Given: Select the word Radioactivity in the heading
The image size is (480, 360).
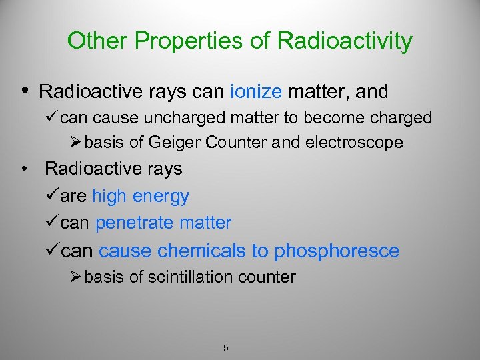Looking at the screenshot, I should (x=344, y=41).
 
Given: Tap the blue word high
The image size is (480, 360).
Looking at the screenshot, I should (x=110, y=196).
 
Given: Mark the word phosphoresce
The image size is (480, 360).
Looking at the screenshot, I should (x=337, y=251).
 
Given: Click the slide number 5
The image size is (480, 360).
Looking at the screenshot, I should (x=226, y=348).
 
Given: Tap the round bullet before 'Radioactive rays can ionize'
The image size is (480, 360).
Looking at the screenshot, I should (x=25, y=89).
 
